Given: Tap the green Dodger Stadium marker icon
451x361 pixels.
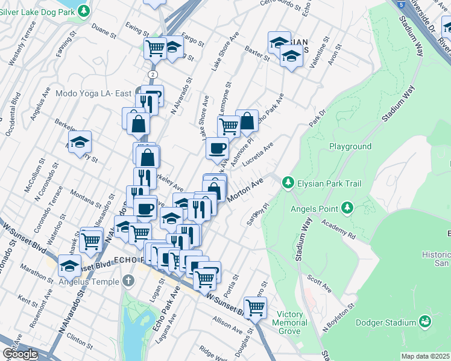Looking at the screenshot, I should tap(426, 322).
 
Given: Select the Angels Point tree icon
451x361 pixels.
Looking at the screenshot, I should tap(347, 208).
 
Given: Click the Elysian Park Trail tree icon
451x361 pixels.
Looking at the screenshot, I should tap(288, 182).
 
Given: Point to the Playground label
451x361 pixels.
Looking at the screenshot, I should tap(350, 146).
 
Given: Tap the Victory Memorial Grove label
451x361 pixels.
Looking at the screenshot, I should tap(292, 322).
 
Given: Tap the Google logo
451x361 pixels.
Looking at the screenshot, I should tap(20, 354).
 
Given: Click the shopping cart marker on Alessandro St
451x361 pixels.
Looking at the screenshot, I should tap(91, 241).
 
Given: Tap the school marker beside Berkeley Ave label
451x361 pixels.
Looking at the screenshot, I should tap(80, 142).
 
